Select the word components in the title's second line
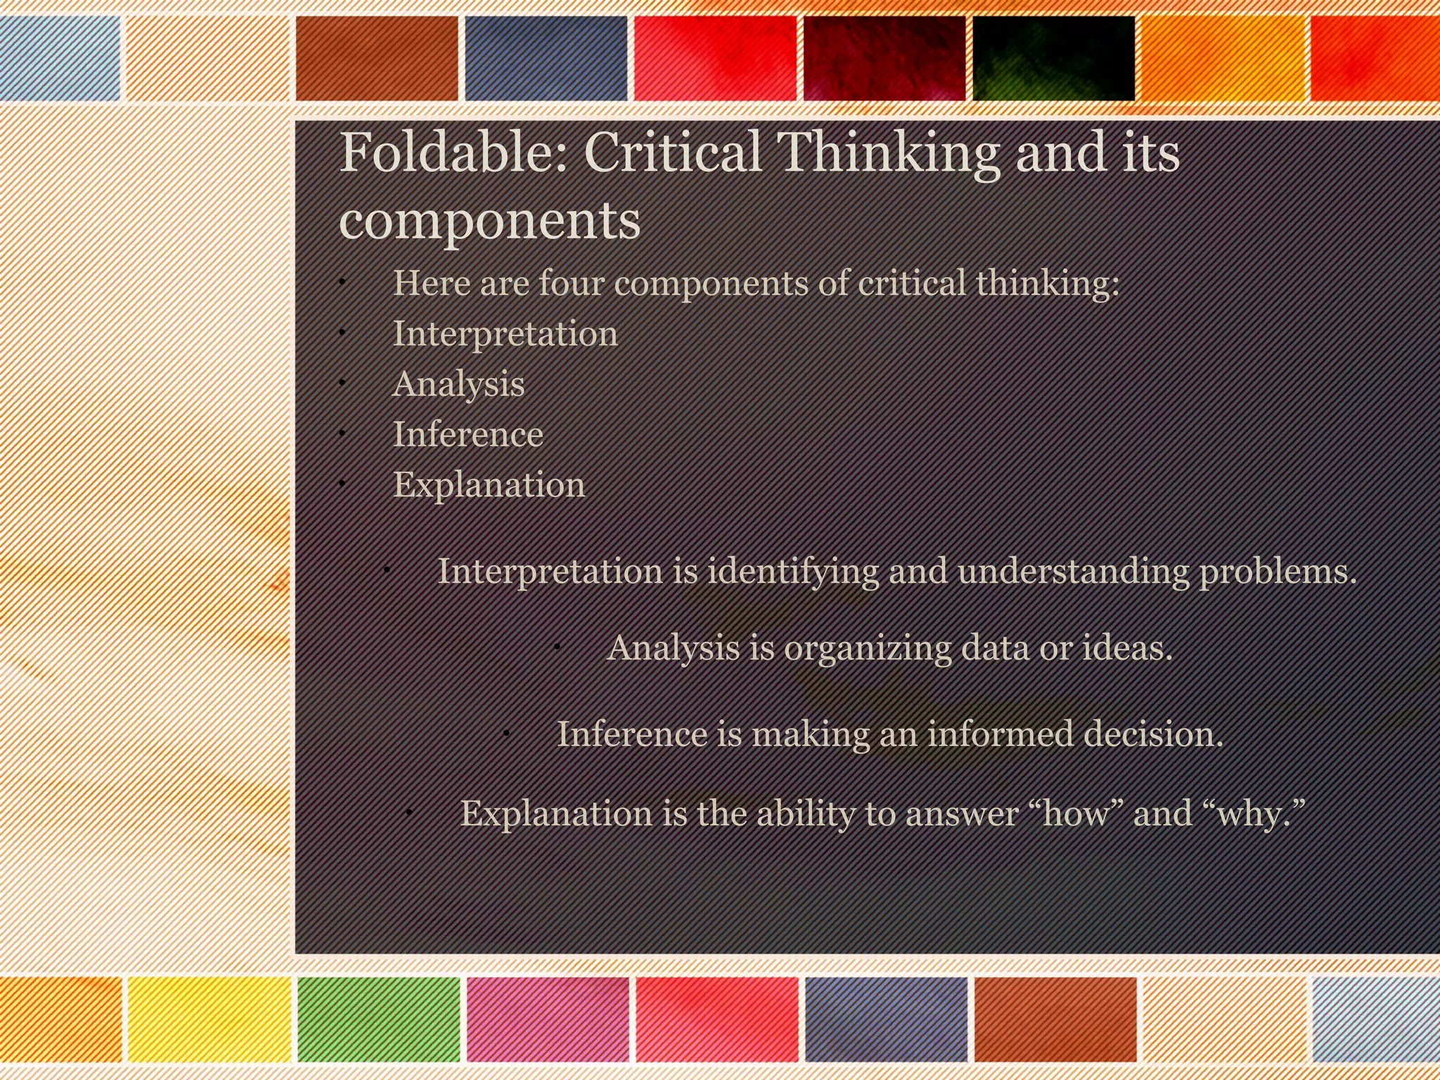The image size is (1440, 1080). click(x=489, y=220)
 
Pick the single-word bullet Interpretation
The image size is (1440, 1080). click(x=505, y=333)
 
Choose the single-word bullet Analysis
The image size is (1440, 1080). click(x=458, y=384)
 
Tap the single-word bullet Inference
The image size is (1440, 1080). click(x=468, y=434)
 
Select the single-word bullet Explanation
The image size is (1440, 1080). click(x=489, y=484)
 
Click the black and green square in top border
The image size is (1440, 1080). click(x=1053, y=58)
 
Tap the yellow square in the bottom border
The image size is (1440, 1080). click(x=209, y=1019)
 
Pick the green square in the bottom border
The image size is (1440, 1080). click(x=378, y=1019)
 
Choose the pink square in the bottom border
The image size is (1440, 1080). click(x=547, y=1019)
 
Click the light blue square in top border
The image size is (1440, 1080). click(x=60, y=58)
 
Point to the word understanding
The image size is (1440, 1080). click(x=1072, y=571)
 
